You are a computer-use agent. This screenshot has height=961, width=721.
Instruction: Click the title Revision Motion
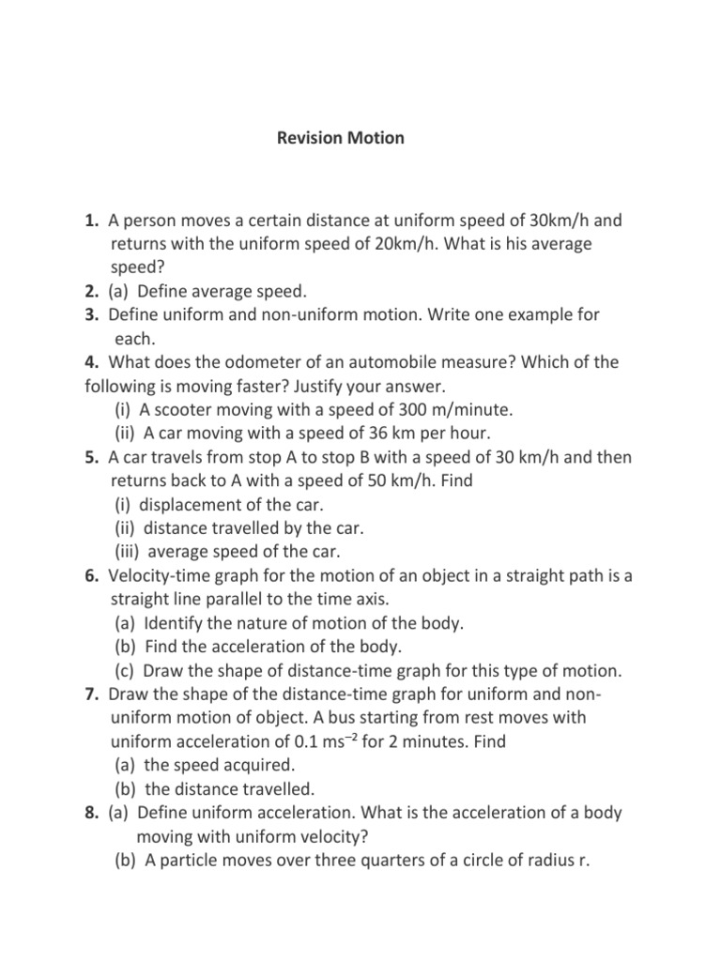pyautogui.click(x=341, y=138)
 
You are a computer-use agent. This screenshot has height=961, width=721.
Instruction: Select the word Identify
pyautogui.click(x=177, y=622)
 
